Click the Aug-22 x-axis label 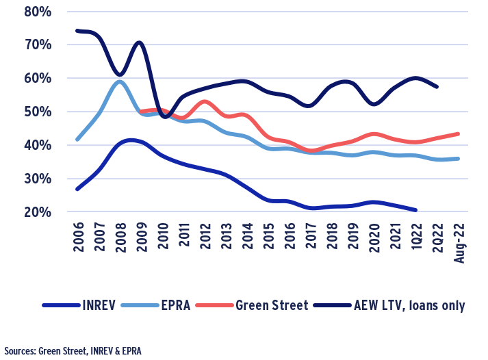[x=457, y=242]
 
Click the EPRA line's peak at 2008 [x=120, y=81]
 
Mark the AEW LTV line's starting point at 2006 [x=77, y=30]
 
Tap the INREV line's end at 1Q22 [x=415, y=210]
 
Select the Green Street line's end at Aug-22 [x=457, y=133]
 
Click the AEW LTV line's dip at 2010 [x=165, y=117]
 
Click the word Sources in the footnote [x=19, y=350]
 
